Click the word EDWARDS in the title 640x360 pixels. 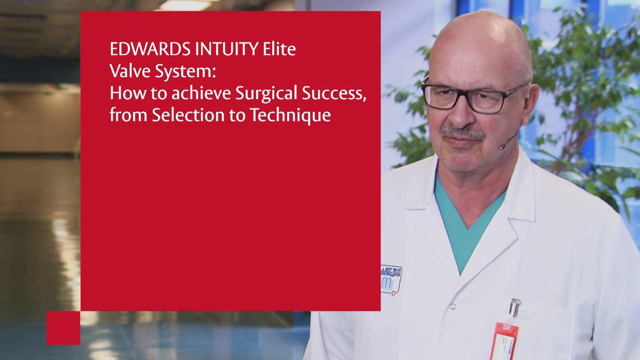tap(150, 49)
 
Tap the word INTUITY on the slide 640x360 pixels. tap(227, 49)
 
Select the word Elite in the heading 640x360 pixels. tap(279, 49)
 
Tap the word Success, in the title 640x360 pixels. tap(334, 94)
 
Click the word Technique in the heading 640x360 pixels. tap(290, 116)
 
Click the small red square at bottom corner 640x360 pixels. tap(63, 328)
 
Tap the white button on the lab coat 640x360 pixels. tap(452, 306)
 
